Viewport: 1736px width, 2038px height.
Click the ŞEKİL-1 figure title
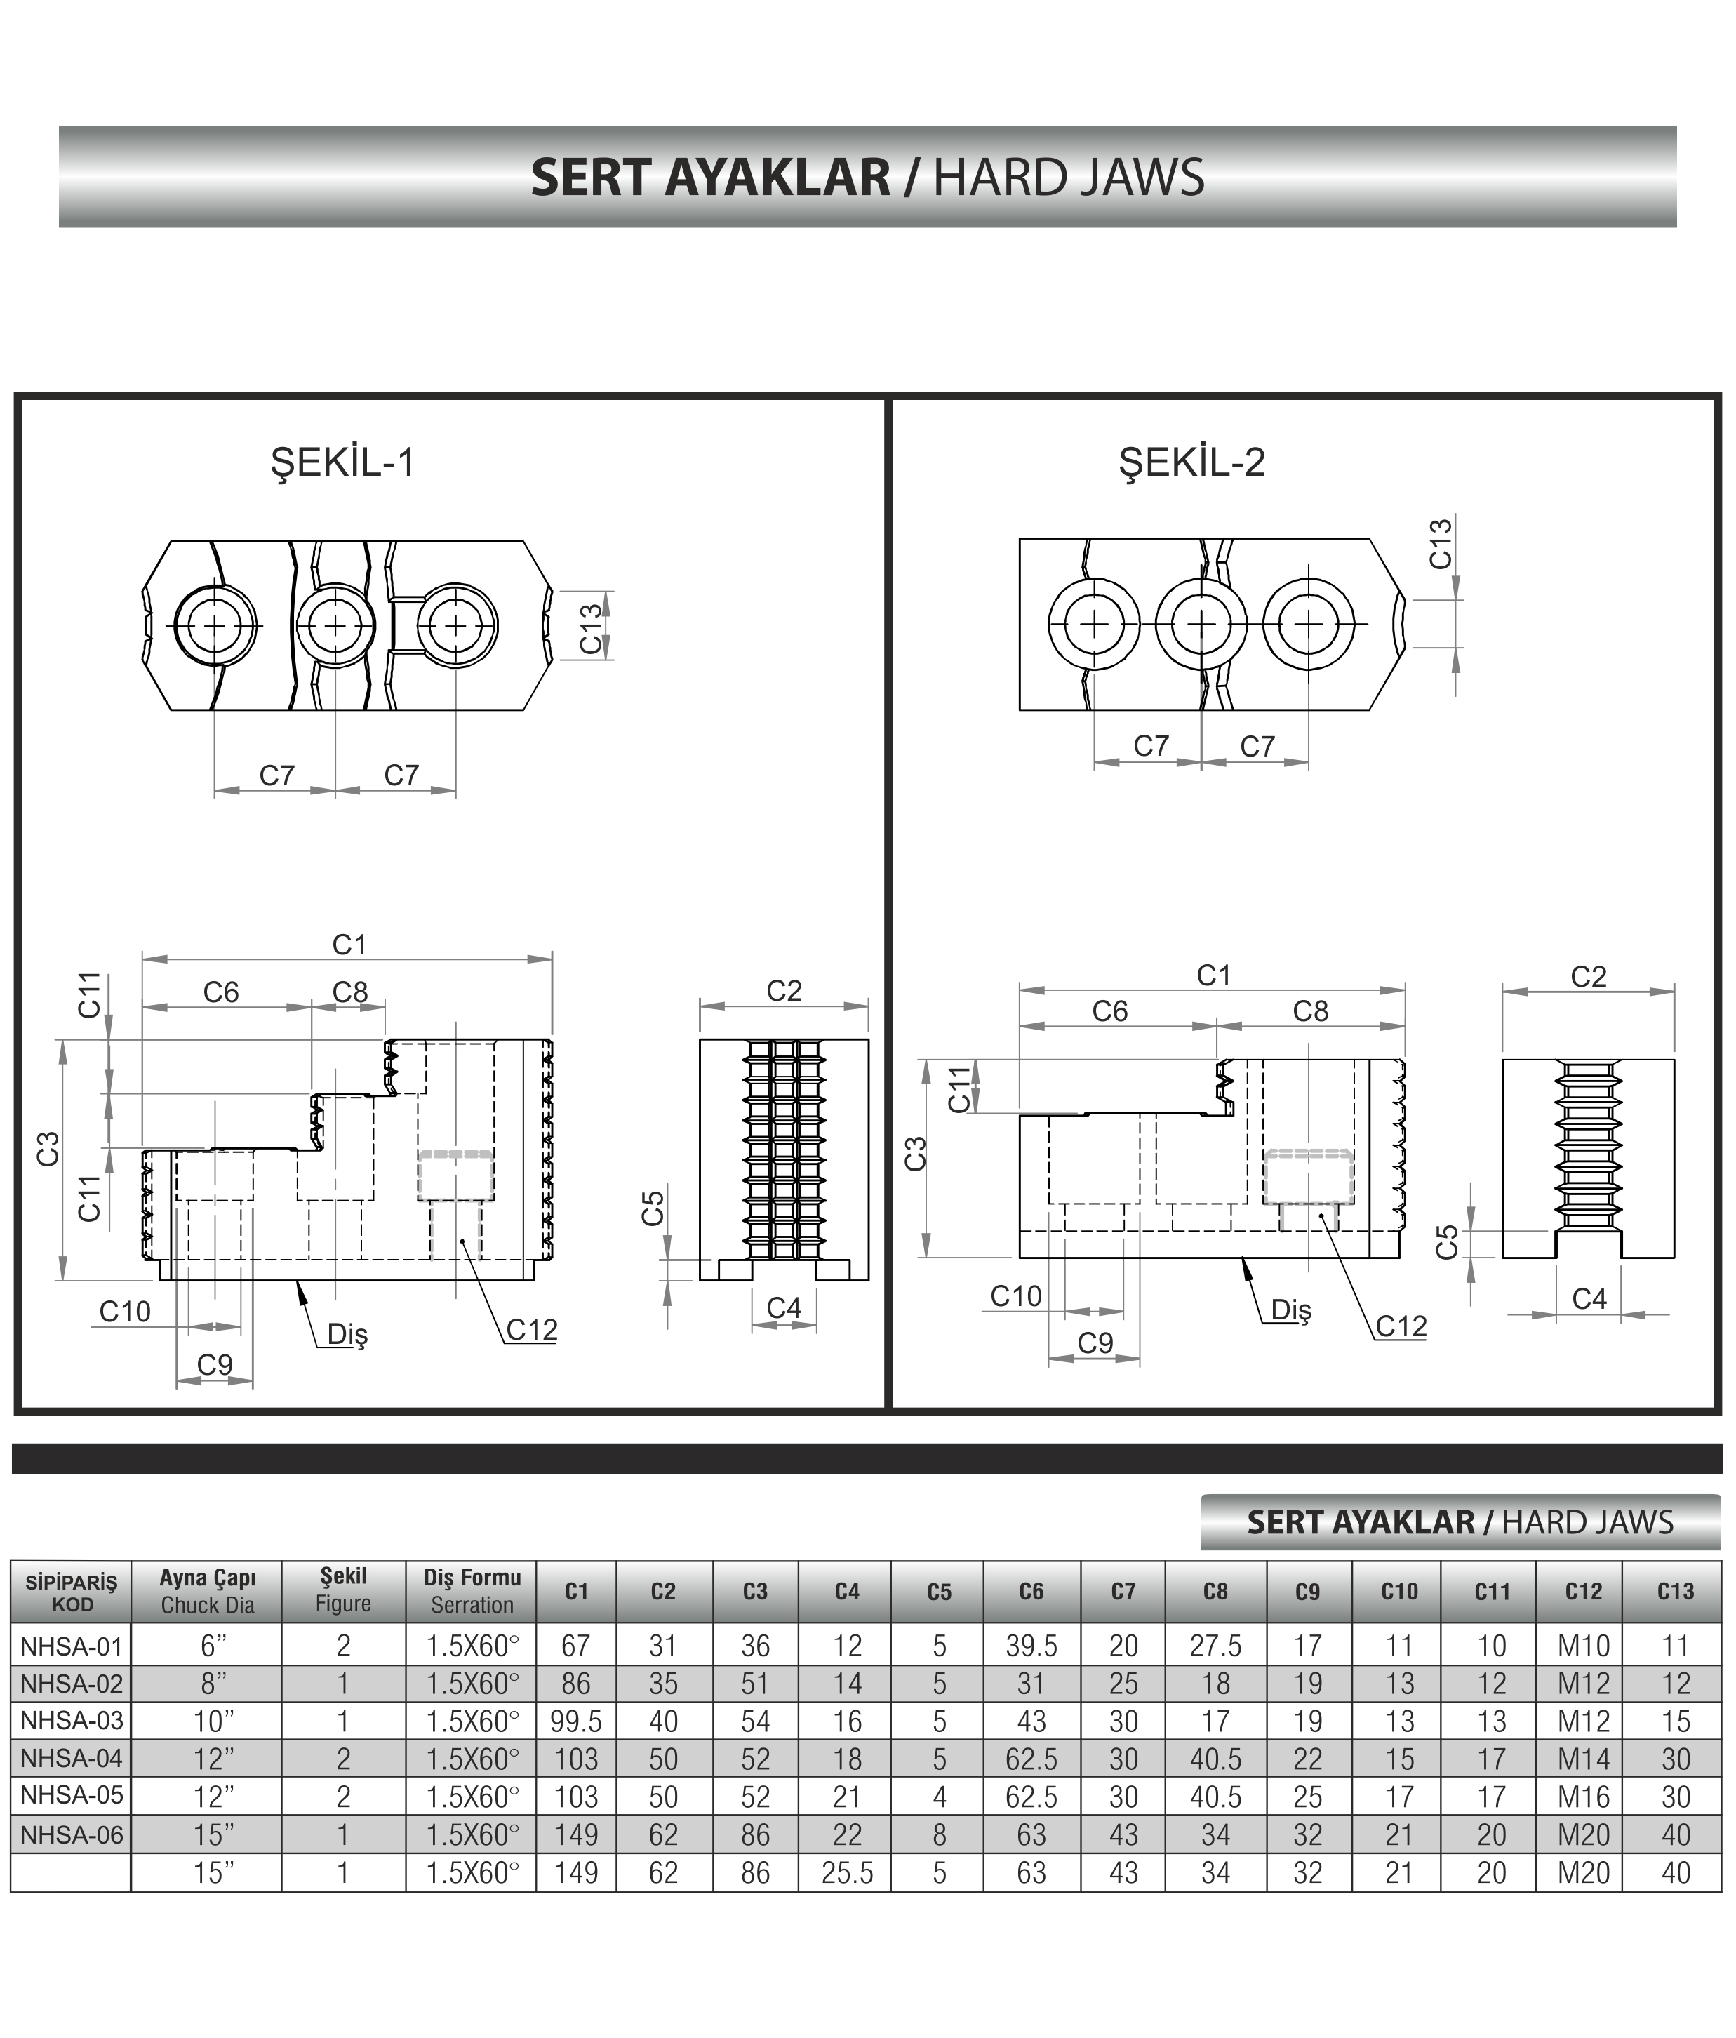(342, 463)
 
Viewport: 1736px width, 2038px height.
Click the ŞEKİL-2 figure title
(1192, 462)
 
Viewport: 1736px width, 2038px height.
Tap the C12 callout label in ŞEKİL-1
(531, 1330)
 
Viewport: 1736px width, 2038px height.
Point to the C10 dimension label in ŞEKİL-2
(1015, 1296)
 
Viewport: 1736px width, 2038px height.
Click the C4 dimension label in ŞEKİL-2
(1589, 1298)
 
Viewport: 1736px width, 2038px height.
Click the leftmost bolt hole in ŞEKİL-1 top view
(215, 625)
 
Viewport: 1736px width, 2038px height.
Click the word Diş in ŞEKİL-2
(1290, 1310)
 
